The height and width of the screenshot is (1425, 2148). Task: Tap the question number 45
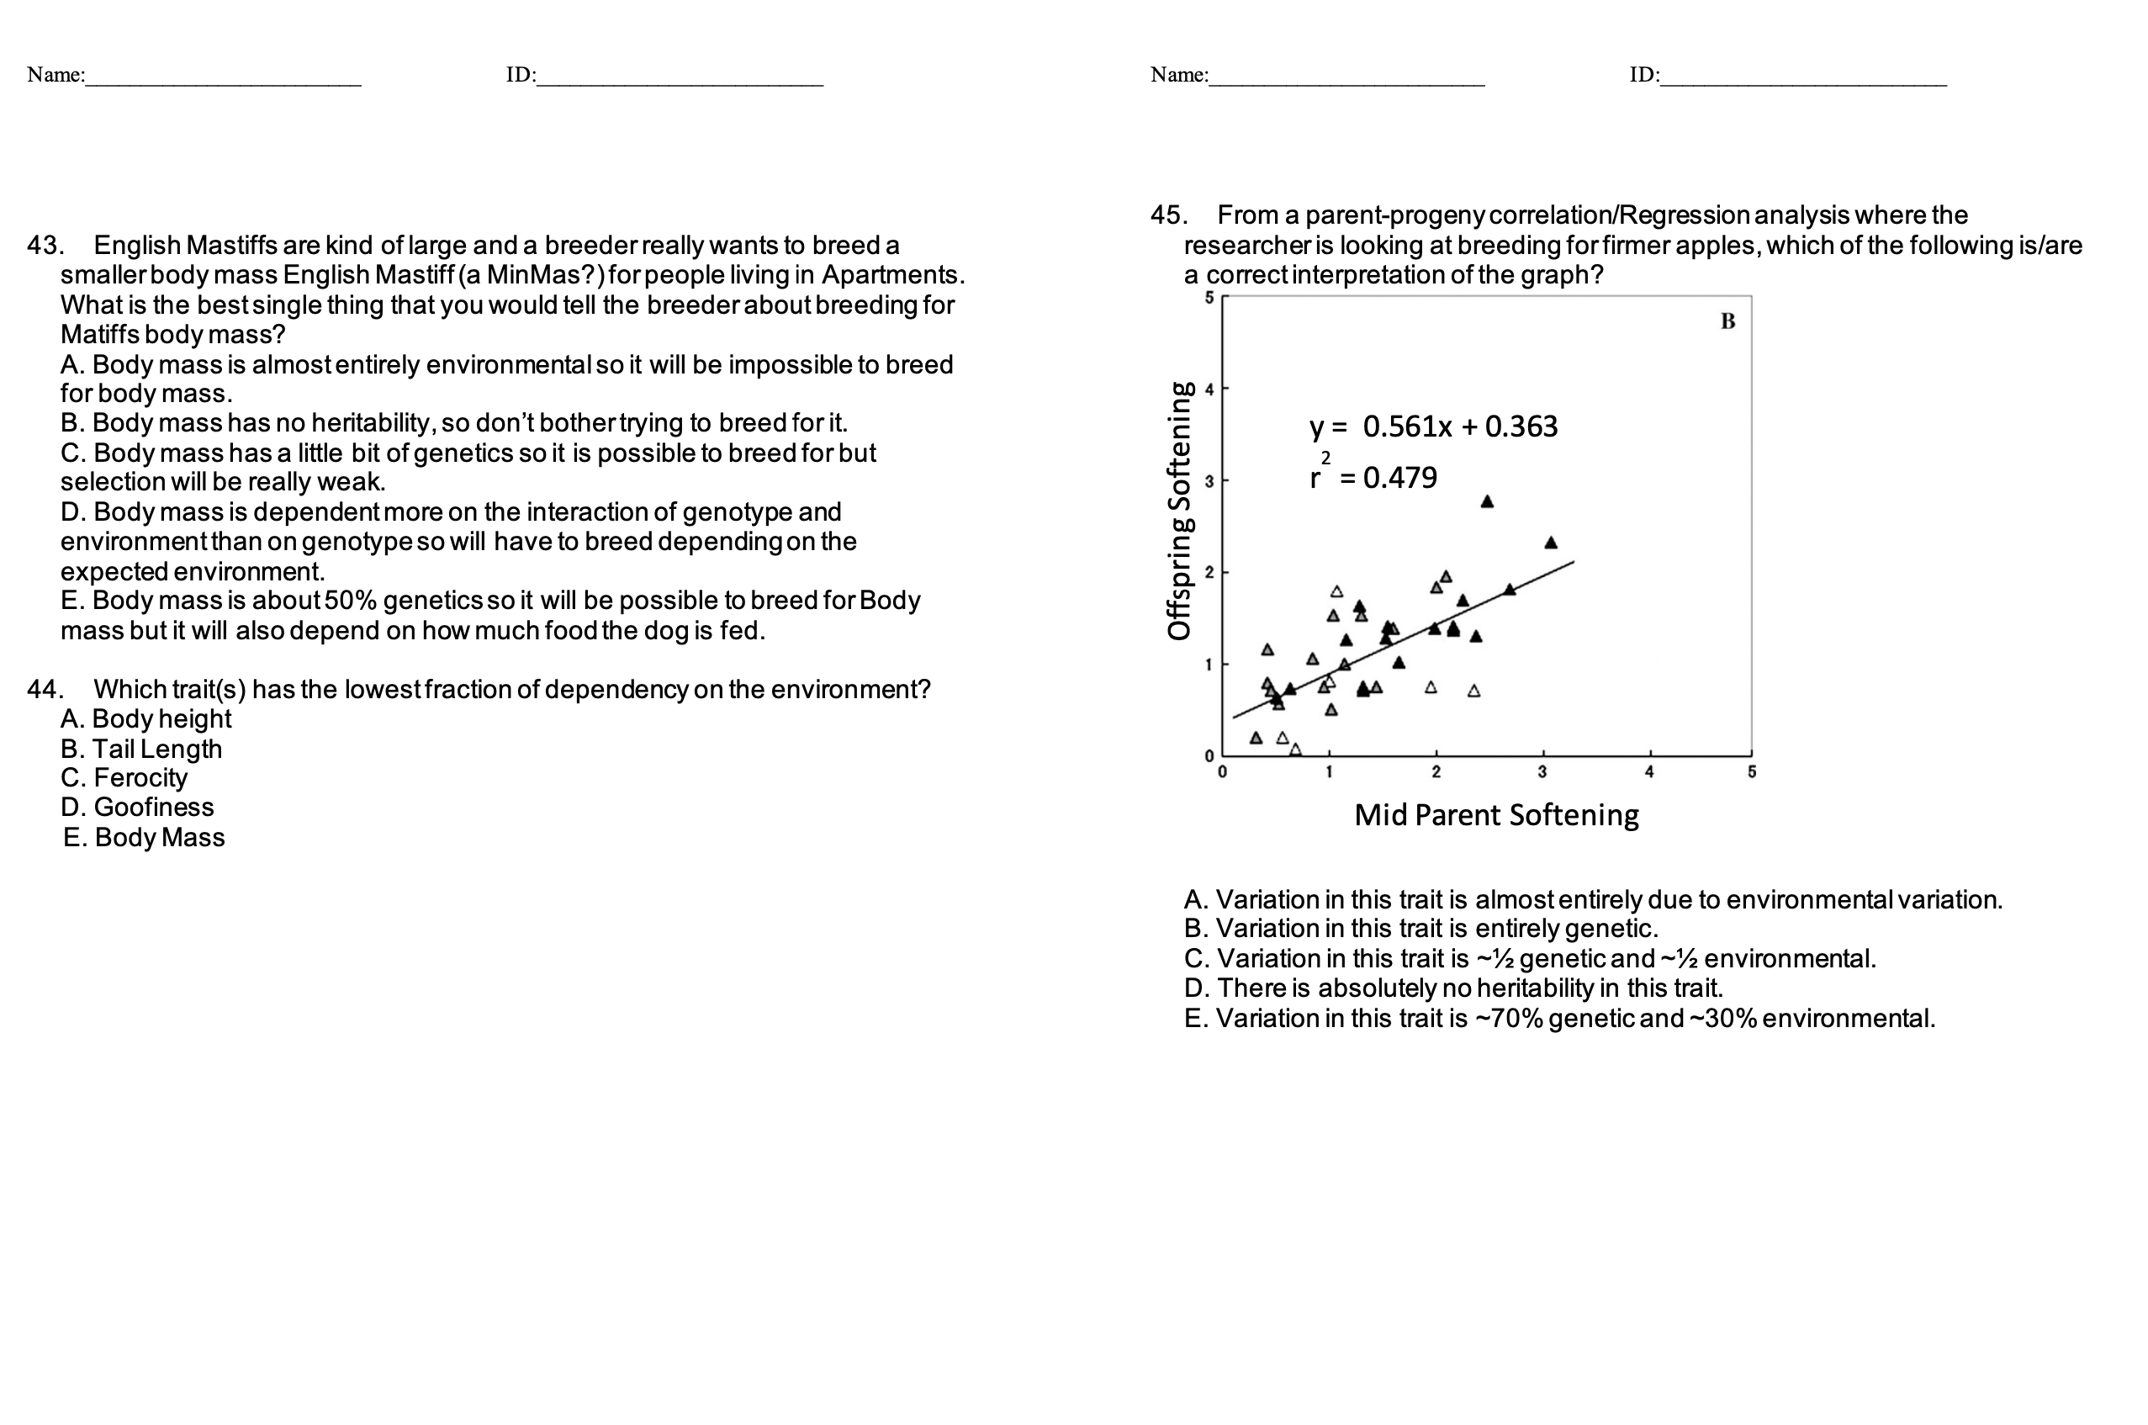(x=1167, y=215)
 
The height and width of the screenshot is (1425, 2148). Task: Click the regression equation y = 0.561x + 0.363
(x=1433, y=426)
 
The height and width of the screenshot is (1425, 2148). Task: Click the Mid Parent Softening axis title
(x=1495, y=815)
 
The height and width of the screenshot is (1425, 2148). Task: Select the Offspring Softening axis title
(x=1179, y=511)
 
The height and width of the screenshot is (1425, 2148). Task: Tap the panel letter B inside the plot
(x=1727, y=321)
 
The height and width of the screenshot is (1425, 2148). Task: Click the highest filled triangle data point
(x=1486, y=501)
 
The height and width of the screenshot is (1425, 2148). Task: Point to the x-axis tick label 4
(x=1649, y=772)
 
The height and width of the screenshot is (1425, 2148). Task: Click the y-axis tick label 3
(x=1209, y=482)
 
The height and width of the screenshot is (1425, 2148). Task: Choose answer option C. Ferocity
(x=124, y=778)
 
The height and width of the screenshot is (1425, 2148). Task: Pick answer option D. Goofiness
(x=137, y=807)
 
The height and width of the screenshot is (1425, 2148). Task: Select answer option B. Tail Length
(x=142, y=749)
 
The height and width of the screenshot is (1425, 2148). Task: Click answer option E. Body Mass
(x=144, y=837)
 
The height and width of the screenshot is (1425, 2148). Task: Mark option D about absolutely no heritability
(x=1453, y=988)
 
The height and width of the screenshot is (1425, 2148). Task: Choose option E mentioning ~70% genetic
(x=1559, y=1018)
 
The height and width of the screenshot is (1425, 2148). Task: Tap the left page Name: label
(x=56, y=75)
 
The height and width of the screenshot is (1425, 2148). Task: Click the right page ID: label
(x=1643, y=75)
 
